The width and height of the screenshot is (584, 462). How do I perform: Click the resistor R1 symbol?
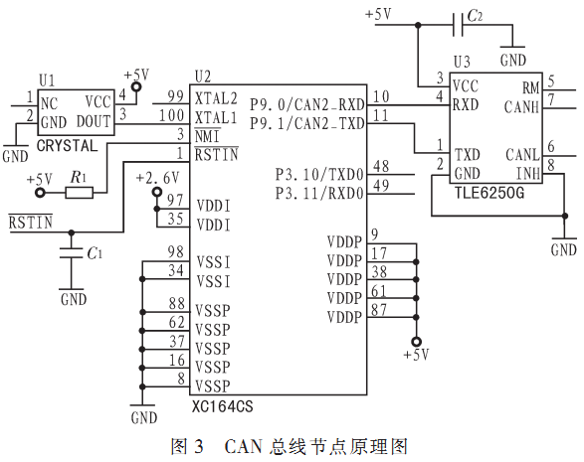[79, 193]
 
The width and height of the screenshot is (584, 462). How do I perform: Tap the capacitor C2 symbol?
[458, 25]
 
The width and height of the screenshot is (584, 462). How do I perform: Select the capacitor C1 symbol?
[72, 252]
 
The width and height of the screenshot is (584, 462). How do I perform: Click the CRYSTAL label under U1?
[67, 145]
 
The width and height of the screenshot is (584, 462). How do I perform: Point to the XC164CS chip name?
[222, 406]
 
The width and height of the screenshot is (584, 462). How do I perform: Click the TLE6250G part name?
[489, 193]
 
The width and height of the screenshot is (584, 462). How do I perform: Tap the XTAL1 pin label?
[216, 118]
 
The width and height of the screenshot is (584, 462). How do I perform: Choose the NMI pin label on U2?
[208, 136]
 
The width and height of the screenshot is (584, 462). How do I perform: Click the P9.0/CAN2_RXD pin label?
[306, 105]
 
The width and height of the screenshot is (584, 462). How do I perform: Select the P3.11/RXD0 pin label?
[319, 194]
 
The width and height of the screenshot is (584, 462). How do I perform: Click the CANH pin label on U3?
[521, 107]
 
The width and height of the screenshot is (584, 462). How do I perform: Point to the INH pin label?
[527, 173]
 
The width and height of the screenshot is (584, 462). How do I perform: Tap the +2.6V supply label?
[157, 178]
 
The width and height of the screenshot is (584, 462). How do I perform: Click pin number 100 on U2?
[172, 115]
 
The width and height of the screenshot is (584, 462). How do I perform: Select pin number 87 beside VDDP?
[379, 310]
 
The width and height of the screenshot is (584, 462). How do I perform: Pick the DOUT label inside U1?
[94, 121]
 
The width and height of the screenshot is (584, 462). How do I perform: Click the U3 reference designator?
[462, 62]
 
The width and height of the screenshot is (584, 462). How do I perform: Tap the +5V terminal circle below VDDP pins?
[416, 342]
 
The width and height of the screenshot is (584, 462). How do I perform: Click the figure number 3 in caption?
[199, 446]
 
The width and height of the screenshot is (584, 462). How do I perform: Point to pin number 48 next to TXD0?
[381, 166]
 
